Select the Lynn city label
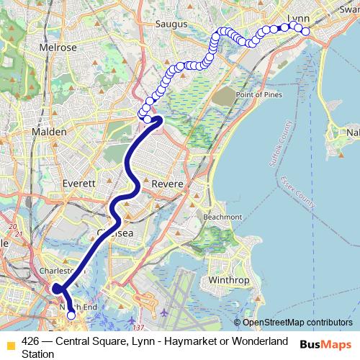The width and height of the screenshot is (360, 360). click(x=298, y=17)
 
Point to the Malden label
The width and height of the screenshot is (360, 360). click(x=49, y=132)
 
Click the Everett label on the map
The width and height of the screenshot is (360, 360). click(x=78, y=184)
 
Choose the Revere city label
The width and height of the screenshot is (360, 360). click(x=168, y=184)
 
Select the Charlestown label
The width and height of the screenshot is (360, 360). click(x=58, y=271)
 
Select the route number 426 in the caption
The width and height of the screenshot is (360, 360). click(x=30, y=341)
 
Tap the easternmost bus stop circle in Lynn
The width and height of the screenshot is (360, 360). click(x=306, y=30)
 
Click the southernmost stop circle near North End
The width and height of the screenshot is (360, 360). click(x=71, y=315)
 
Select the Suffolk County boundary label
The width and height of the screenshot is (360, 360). click(x=282, y=145)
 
